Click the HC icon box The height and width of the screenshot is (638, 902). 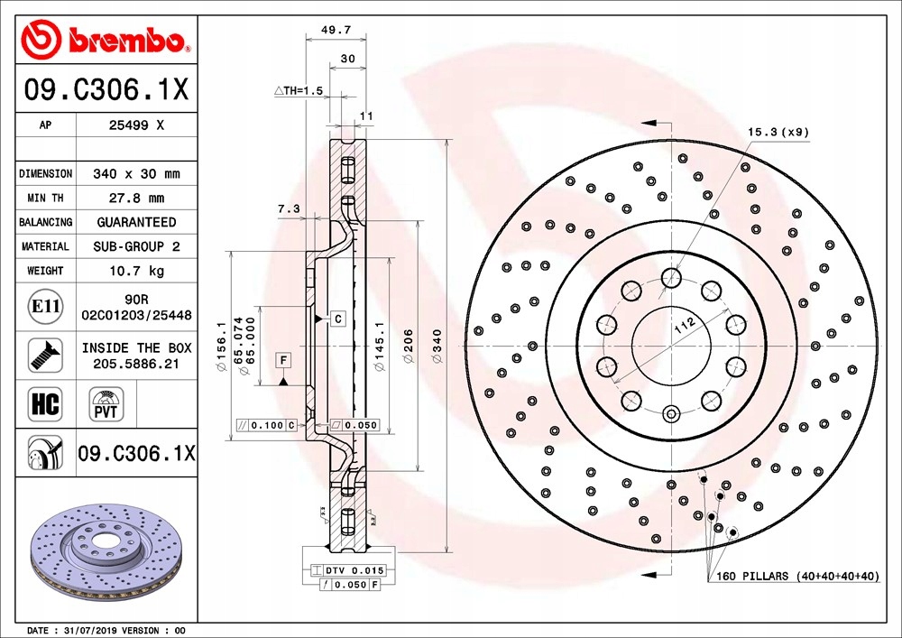click(x=44, y=403)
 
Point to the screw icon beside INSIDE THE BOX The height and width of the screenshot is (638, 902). click(x=44, y=355)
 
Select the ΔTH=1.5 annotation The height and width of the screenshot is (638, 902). click(x=298, y=91)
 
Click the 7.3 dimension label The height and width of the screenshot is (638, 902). click(x=288, y=208)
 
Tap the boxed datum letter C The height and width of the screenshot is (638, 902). click(x=337, y=319)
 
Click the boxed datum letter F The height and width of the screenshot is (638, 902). click(x=282, y=361)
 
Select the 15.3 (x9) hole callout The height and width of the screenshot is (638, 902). click(x=778, y=132)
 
